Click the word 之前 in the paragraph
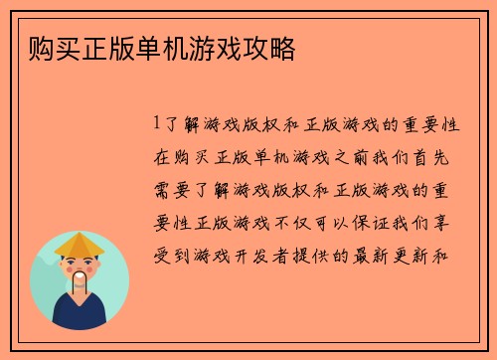click(340, 157)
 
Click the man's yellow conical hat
click(79, 244)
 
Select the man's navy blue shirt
click(80, 316)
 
